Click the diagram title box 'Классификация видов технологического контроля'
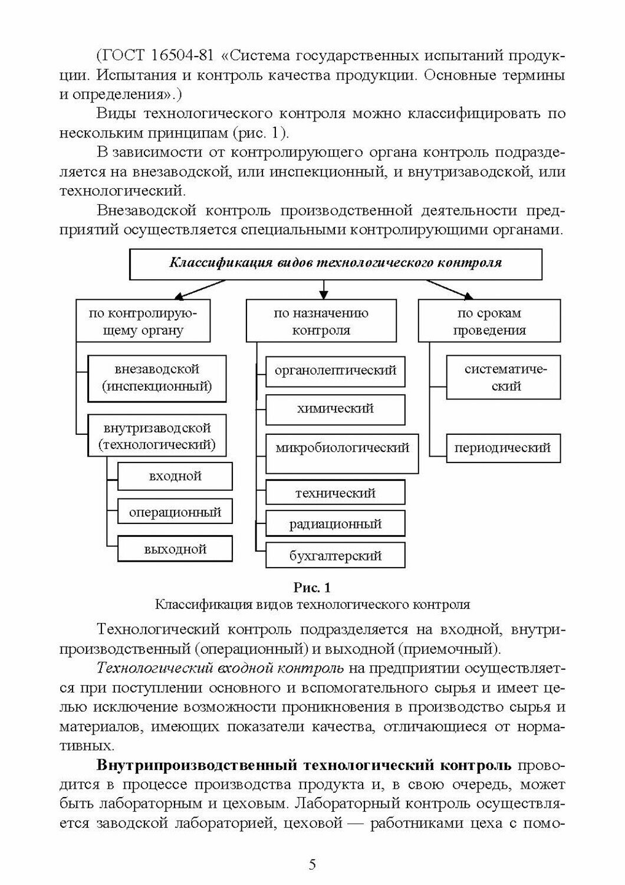coord(335,264)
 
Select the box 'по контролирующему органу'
coord(143,322)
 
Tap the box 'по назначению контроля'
coord(321,322)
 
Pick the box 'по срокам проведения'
coord(489,322)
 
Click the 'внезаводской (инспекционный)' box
coord(157,378)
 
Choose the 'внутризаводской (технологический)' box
coord(157,436)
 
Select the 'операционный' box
coord(175,513)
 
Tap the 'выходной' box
coord(175,549)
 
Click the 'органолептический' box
coord(335,371)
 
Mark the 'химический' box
coord(335,409)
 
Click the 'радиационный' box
coord(335,524)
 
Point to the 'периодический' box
coord(502,448)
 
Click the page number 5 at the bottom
coord(312,865)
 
